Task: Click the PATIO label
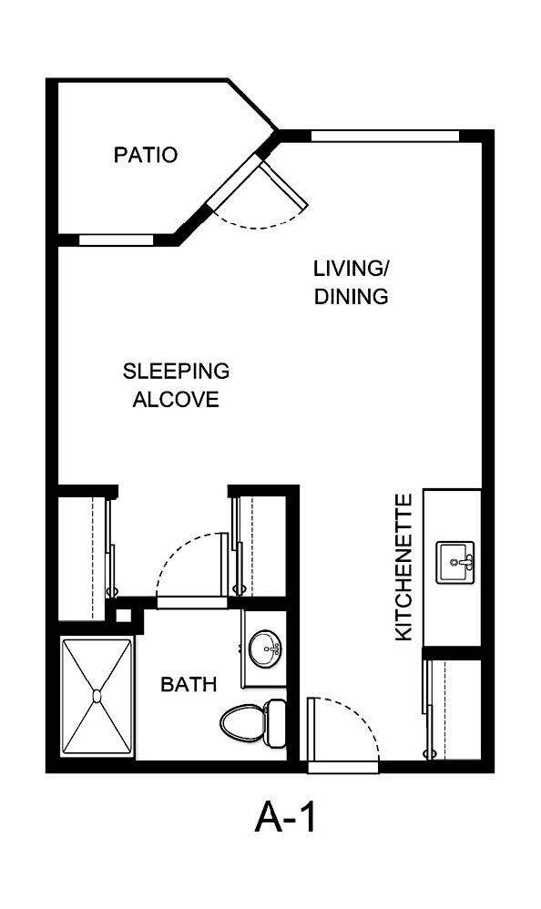[x=145, y=155]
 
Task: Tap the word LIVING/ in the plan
[x=352, y=269]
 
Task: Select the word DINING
[x=352, y=297]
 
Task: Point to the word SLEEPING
[x=176, y=372]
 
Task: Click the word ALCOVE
[x=176, y=400]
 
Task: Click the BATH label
[x=189, y=684]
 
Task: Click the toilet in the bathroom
[x=242, y=721]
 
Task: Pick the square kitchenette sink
[x=454, y=562]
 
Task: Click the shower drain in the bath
[x=97, y=696]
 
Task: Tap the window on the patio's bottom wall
[x=116, y=240]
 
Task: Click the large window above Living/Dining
[x=384, y=137]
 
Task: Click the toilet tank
[x=275, y=721]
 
